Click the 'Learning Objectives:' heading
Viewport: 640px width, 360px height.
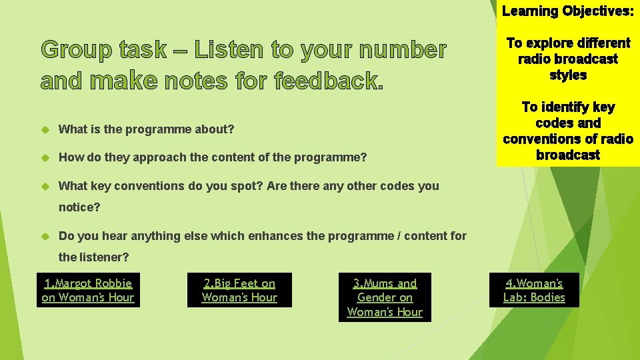click(x=567, y=11)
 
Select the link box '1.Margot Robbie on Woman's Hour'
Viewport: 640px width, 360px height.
click(x=88, y=291)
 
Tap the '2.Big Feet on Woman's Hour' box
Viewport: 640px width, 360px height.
click(x=239, y=291)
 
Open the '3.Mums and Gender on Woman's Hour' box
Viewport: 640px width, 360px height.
click(x=385, y=297)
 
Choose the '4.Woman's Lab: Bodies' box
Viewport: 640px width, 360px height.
click(x=534, y=291)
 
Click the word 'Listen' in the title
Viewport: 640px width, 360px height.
click(x=229, y=50)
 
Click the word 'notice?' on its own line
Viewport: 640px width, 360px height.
click(x=79, y=207)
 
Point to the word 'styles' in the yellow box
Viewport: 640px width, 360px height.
click(x=568, y=75)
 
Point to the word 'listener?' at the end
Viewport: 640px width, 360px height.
click(x=103, y=257)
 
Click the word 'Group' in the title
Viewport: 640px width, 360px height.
click(x=73, y=50)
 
